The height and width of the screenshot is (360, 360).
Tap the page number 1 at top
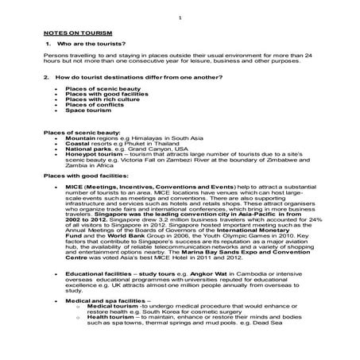(x=180, y=17)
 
